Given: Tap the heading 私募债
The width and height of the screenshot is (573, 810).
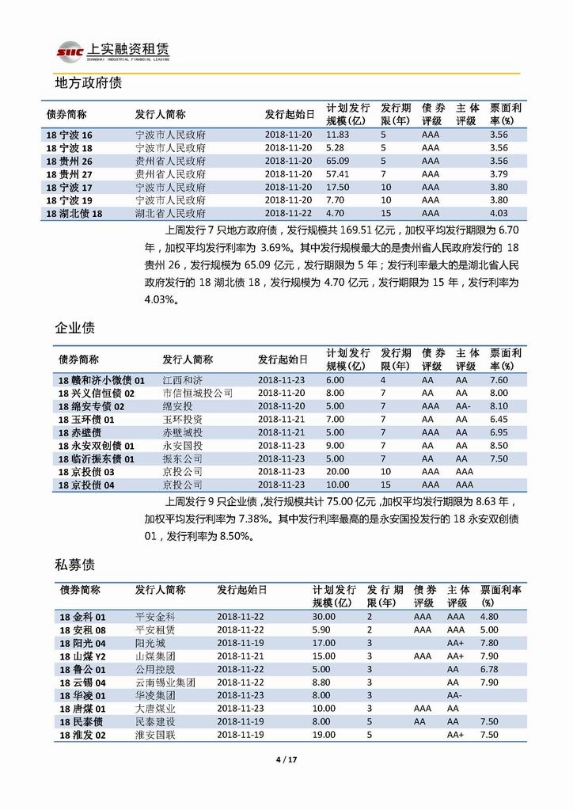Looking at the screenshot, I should click(x=75, y=565).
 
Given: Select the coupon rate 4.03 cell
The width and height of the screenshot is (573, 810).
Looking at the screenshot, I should click(x=499, y=213).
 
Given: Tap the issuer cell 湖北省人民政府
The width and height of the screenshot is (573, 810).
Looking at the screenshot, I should click(x=171, y=213).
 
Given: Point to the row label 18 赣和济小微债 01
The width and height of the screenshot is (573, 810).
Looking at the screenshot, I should click(x=102, y=380).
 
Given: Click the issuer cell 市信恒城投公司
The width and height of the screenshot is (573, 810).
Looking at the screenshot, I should click(x=198, y=393).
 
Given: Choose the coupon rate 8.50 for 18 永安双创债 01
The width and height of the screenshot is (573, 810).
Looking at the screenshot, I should click(x=499, y=446).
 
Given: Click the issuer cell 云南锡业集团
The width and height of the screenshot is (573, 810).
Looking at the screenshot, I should click(x=165, y=683).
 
